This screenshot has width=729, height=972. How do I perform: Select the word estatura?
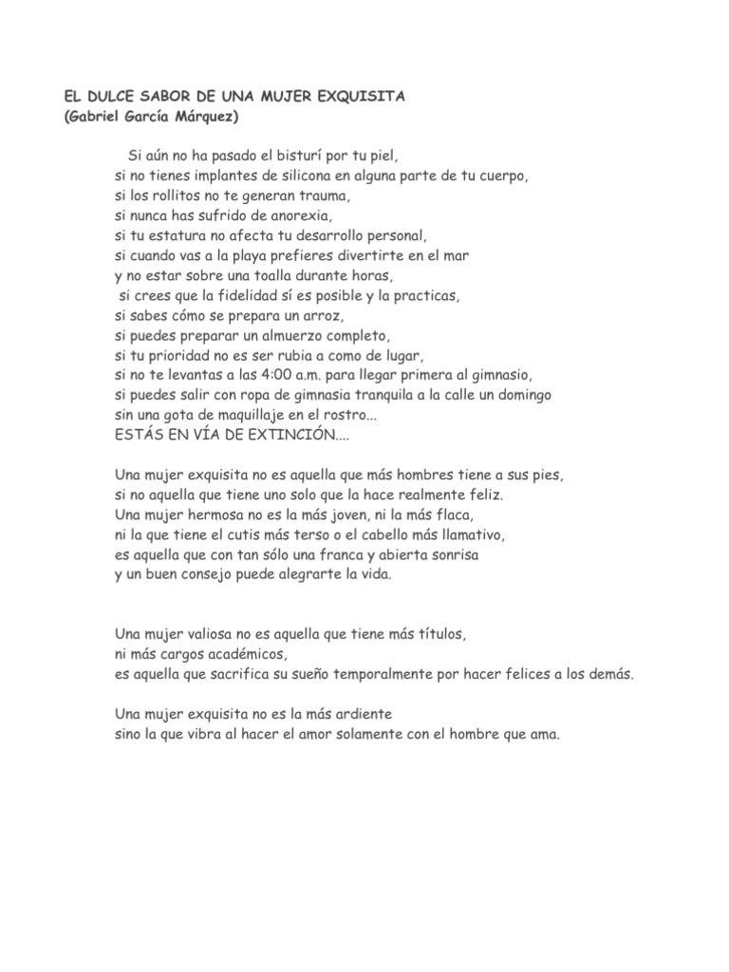coord(170,235)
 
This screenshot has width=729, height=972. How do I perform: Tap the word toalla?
coord(269,275)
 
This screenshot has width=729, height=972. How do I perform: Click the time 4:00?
coord(274,375)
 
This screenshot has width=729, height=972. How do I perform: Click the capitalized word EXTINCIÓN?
coord(300,435)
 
